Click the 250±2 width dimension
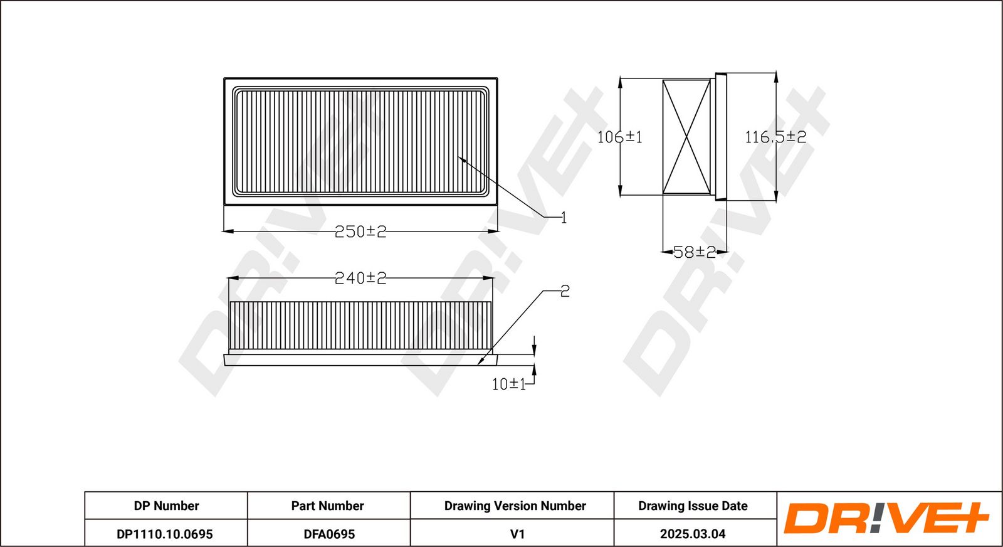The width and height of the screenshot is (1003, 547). pos(360,231)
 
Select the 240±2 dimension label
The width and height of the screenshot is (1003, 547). pos(360,278)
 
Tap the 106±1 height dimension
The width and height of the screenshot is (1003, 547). pos(619,137)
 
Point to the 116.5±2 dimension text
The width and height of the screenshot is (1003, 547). pos(775,137)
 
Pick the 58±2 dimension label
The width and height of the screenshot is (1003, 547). pos(694,252)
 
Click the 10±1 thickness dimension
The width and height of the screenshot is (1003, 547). pos(508,384)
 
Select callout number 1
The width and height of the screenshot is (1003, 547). pos(564,218)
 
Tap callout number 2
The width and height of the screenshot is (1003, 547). pos(565,291)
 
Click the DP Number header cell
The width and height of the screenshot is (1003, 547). pos(166,506)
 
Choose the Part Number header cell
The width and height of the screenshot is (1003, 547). pos(327,506)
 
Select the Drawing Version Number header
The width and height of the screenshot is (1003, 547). pos(515,506)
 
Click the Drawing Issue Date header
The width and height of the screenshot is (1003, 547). pos(693,506)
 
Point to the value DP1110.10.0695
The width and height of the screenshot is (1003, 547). pos(165,534)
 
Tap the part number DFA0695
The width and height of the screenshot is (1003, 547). pos(329,534)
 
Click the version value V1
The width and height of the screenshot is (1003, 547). pos(517,534)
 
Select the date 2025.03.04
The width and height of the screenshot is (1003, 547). pos(693,534)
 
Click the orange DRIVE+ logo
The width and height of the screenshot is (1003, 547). pos(886,518)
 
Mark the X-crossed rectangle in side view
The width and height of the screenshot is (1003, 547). pos(686,137)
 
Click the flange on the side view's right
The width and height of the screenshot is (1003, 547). pos(721,137)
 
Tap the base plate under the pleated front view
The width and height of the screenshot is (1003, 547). pos(360,359)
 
